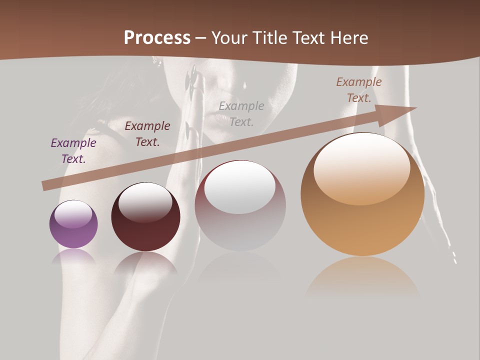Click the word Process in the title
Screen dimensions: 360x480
(x=157, y=38)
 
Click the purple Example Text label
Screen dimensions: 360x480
(x=73, y=150)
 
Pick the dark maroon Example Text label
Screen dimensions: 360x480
(x=147, y=133)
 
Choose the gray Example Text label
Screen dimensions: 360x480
(x=241, y=113)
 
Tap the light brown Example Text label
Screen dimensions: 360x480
(x=359, y=89)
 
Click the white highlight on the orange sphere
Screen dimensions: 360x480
(x=362, y=169)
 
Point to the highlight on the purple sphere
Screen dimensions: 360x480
(x=73, y=214)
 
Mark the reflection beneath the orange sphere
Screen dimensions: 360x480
(x=362, y=277)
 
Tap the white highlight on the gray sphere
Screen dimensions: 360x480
(x=240, y=187)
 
